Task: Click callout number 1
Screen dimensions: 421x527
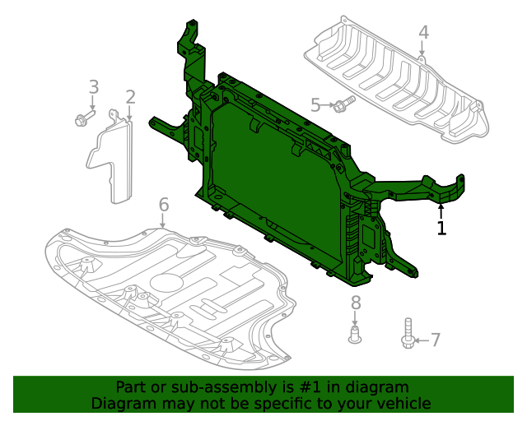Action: [x=442, y=228]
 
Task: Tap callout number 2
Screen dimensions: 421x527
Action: [x=130, y=98]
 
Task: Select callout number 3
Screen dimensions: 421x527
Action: [x=93, y=86]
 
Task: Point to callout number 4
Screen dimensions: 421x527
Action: [x=423, y=33]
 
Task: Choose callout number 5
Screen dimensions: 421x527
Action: [x=315, y=104]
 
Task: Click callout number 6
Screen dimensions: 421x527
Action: [x=163, y=204]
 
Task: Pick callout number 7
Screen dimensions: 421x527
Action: [x=436, y=340]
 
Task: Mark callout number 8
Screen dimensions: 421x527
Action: [x=356, y=303]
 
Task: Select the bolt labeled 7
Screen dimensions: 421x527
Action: [x=408, y=335]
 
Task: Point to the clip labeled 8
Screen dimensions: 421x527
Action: [x=356, y=335]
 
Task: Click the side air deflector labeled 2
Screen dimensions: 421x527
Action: [x=112, y=160]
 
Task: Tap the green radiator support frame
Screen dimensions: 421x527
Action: [x=272, y=181]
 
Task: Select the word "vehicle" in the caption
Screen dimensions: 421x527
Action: [x=402, y=403]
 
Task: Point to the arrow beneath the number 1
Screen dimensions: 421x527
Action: [x=441, y=210]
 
